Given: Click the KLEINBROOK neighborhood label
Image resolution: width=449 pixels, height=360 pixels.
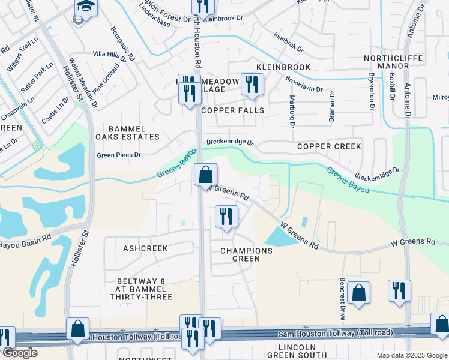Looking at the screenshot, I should coord(283,67).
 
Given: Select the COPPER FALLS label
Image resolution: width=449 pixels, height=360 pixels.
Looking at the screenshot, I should coord(232,110).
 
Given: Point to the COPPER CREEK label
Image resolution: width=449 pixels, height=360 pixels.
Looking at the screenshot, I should coord(329,146).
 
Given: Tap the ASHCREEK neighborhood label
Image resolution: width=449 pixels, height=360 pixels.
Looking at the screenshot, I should coord(145,248).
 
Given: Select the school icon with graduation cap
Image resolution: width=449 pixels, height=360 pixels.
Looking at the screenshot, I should coord(86,7).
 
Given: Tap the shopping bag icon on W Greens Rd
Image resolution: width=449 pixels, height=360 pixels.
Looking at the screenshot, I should coord(205,175).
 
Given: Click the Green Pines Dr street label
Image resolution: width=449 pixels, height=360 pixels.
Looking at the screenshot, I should coord(119,155).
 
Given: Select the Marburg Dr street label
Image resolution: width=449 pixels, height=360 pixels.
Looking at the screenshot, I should coord(292,112).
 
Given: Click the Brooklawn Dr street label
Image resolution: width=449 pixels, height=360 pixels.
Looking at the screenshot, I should coord(304,84).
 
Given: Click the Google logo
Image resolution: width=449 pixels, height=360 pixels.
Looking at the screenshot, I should coord(20,353).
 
